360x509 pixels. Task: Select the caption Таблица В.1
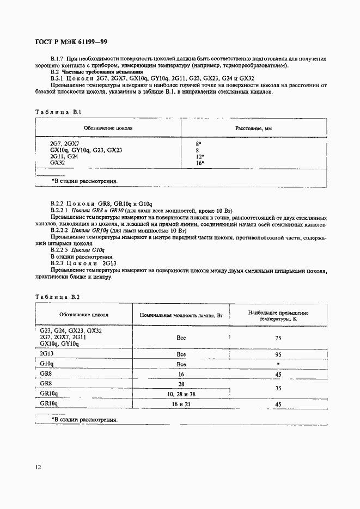click(58, 112)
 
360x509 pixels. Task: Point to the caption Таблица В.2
click(58, 297)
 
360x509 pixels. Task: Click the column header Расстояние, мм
click(254, 128)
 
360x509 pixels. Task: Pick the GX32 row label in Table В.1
click(57, 162)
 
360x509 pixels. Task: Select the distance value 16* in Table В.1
click(199, 162)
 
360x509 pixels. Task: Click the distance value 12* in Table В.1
click(199, 156)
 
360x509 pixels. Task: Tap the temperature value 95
click(278, 354)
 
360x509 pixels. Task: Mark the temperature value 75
click(278, 338)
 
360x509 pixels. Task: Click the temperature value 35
click(278, 389)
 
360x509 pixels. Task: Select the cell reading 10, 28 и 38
click(181, 394)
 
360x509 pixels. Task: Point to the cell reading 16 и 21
click(181, 405)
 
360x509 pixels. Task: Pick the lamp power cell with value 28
click(181, 384)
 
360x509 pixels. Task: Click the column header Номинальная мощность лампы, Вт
click(181, 315)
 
